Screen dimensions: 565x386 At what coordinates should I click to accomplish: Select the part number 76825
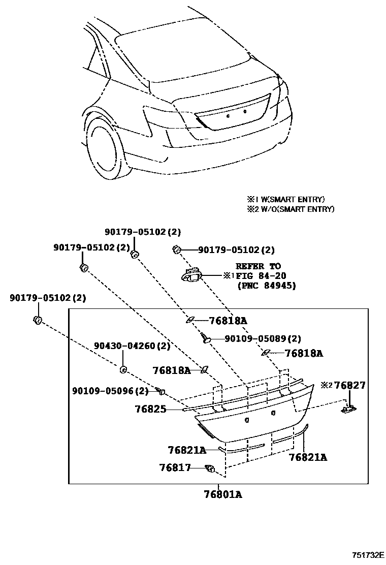150,408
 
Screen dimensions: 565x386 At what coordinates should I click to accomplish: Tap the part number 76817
174,467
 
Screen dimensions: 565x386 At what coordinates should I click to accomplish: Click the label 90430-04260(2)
132,346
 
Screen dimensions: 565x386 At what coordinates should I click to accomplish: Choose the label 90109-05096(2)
110,391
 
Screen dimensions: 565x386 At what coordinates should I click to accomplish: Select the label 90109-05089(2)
263,338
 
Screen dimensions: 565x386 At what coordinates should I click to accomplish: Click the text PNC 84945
267,286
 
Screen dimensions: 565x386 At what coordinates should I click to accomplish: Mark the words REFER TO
258,266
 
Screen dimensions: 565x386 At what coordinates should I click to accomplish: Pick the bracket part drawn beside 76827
349,407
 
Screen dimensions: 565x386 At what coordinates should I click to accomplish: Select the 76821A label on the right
308,457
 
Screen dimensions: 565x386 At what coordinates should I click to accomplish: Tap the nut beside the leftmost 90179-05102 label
37,320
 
